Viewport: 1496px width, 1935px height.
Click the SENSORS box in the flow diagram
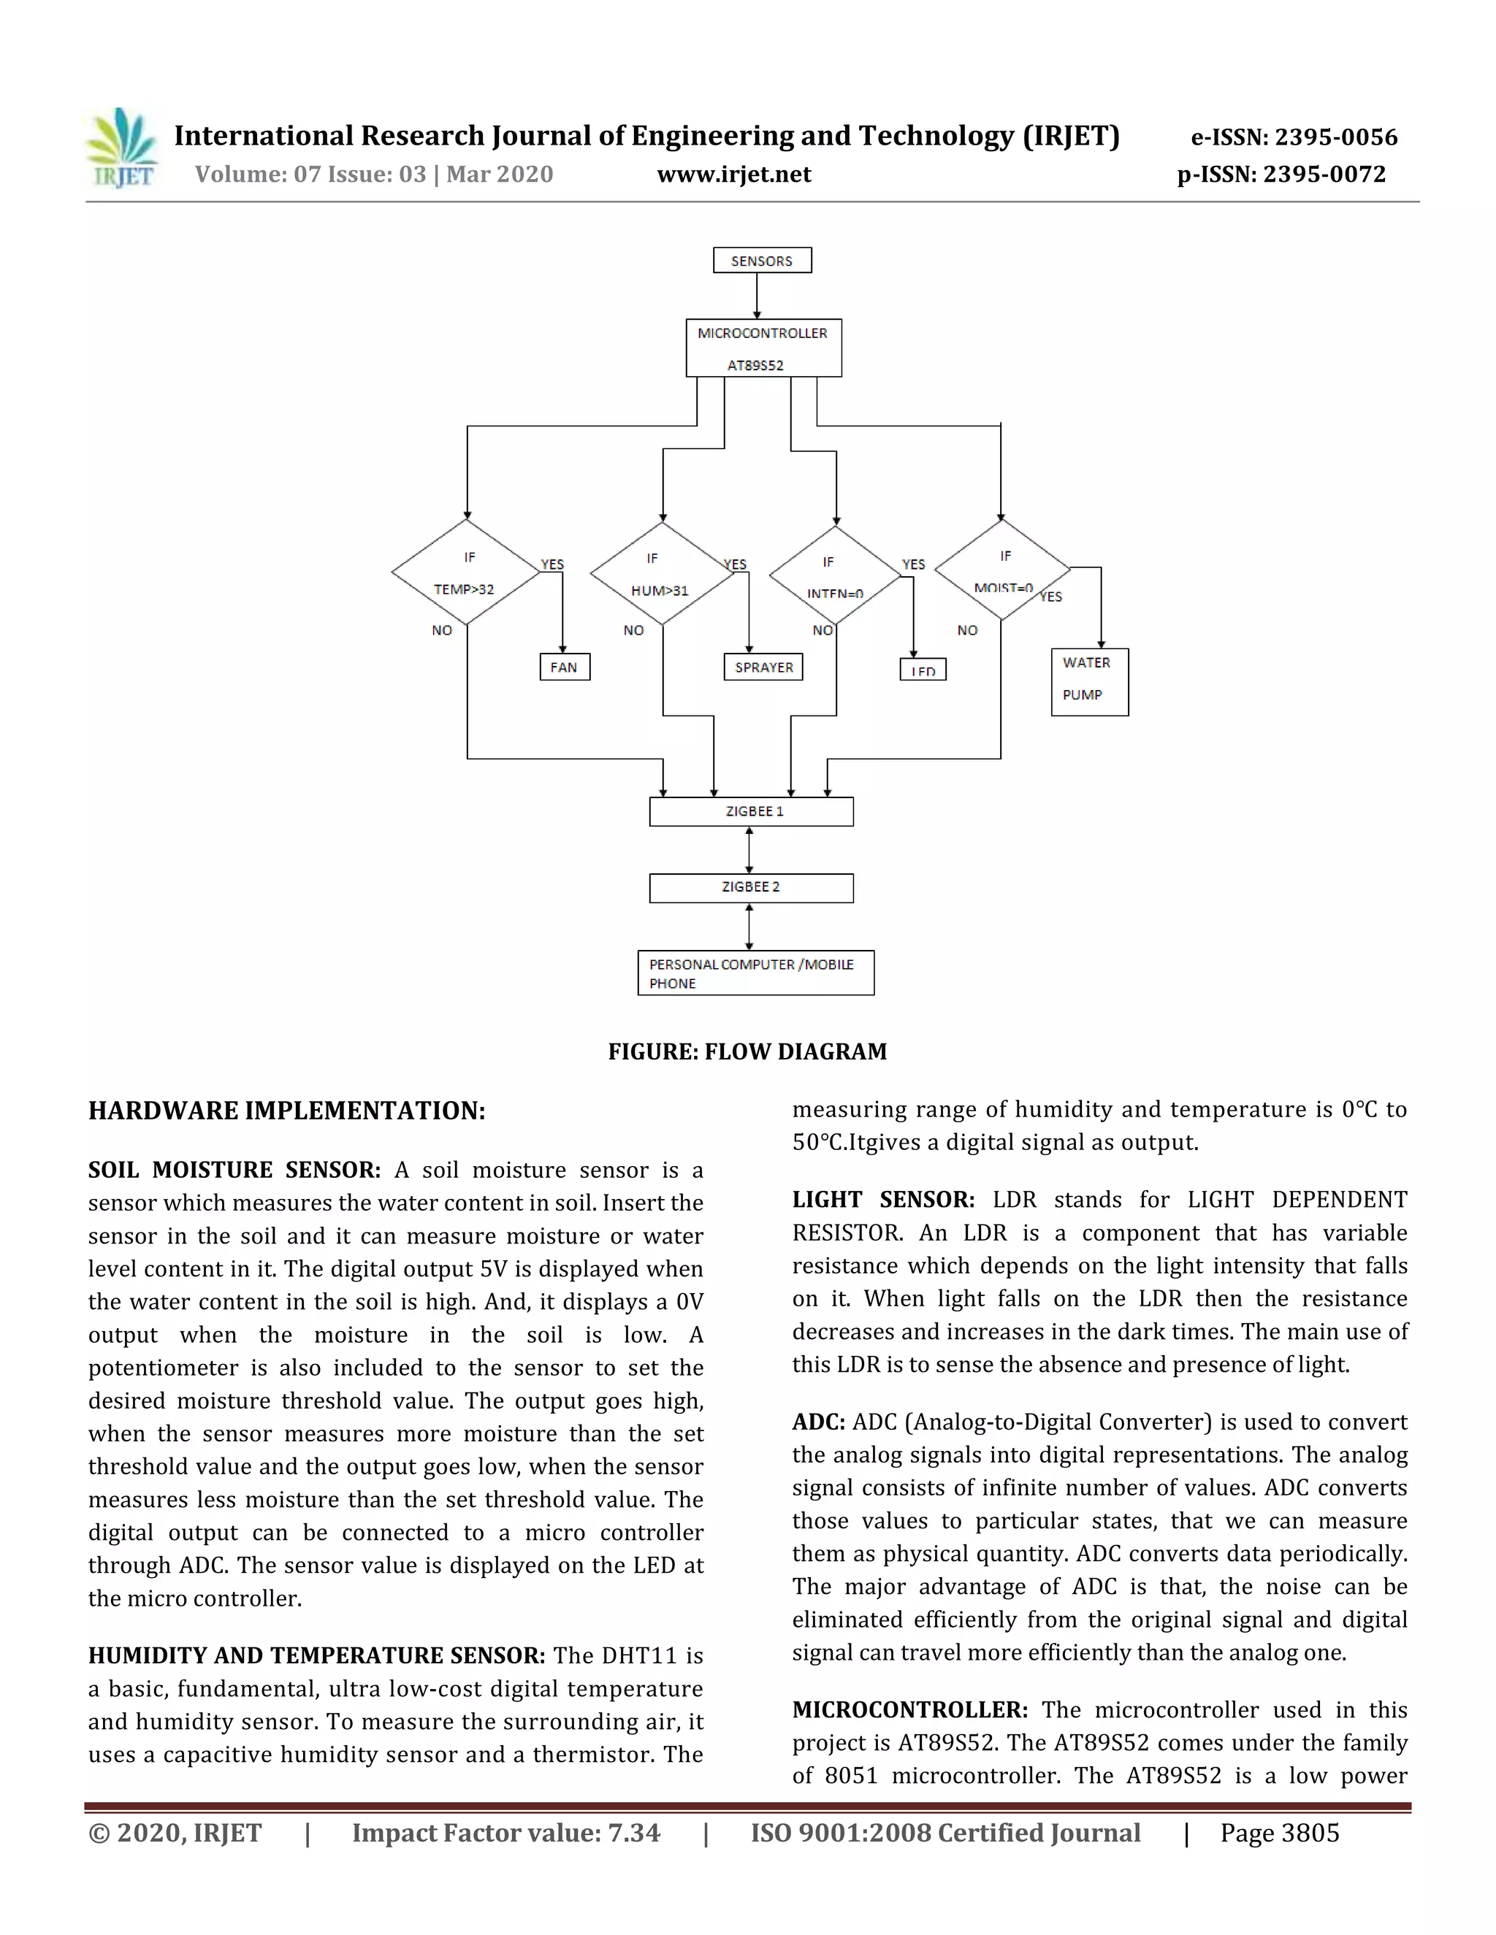pos(762,261)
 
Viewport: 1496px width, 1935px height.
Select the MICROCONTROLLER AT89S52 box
pos(763,348)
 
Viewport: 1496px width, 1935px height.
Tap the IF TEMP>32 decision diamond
pos(466,572)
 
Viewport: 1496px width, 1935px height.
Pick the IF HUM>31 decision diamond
pos(662,573)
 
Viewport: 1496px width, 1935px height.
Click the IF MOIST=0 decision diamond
pos(1002,570)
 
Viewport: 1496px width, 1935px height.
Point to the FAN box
pos(565,667)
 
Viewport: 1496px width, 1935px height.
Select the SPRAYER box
pos(763,667)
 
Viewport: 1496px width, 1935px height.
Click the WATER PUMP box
pos(1089,681)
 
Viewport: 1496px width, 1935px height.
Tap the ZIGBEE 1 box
pos(752,811)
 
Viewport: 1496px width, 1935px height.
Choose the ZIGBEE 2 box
pos(752,888)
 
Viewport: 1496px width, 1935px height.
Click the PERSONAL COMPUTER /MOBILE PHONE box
pos(755,973)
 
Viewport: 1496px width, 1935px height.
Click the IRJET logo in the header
pos(122,149)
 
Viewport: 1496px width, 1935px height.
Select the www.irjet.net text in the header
pos(734,175)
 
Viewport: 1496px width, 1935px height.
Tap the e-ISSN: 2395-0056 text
pos(1294,137)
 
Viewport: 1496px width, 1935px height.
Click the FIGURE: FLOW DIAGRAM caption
pos(747,1051)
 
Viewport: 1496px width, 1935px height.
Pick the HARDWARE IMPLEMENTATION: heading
pos(286,1111)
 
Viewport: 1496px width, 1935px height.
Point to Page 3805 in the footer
pos(1279,1833)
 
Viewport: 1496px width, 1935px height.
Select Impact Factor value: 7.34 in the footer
pos(506,1833)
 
